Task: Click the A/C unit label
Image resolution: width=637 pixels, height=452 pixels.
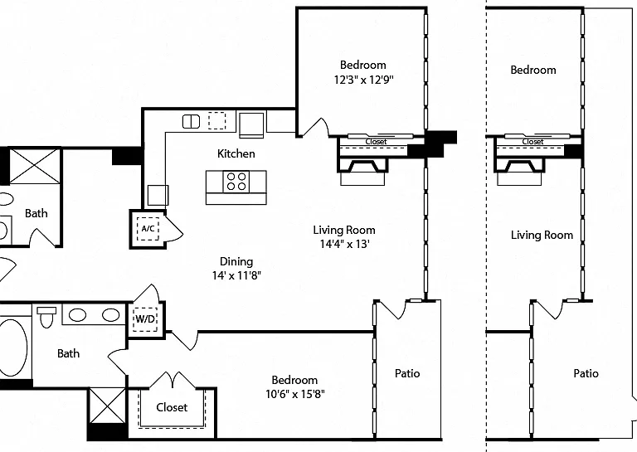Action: click(148, 228)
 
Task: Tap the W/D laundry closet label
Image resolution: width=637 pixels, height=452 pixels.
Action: click(145, 318)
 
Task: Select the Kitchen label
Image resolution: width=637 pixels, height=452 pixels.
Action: click(236, 153)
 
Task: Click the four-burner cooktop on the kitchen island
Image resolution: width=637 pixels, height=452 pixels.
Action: click(236, 181)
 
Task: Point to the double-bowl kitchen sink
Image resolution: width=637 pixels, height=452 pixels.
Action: click(191, 121)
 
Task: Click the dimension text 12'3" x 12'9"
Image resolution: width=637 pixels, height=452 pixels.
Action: click(363, 79)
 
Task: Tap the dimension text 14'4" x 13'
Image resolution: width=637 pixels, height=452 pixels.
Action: click(344, 244)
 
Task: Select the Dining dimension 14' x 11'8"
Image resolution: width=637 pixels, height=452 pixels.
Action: click(236, 275)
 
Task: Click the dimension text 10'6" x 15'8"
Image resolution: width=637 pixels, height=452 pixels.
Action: click(295, 394)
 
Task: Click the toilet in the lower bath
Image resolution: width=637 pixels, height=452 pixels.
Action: click(46, 317)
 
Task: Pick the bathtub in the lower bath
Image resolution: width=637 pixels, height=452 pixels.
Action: click(13, 348)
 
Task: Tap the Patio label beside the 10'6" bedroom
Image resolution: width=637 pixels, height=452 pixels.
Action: click(407, 373)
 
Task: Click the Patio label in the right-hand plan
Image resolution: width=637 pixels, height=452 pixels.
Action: click(586, 373)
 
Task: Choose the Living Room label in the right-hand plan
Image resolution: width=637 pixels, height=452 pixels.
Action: click(542, 235)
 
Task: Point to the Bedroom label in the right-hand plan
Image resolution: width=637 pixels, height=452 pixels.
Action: click(533, 70)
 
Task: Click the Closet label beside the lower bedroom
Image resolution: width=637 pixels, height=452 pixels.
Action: click(172, 407)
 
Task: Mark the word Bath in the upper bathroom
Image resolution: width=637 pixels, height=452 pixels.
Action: click(36, 213)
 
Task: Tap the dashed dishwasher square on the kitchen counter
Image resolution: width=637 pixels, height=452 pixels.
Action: click(217, 120)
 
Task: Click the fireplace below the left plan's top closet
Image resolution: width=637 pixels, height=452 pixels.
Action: click(362, 172)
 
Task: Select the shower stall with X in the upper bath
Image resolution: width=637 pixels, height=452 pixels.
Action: click(35, 166)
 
